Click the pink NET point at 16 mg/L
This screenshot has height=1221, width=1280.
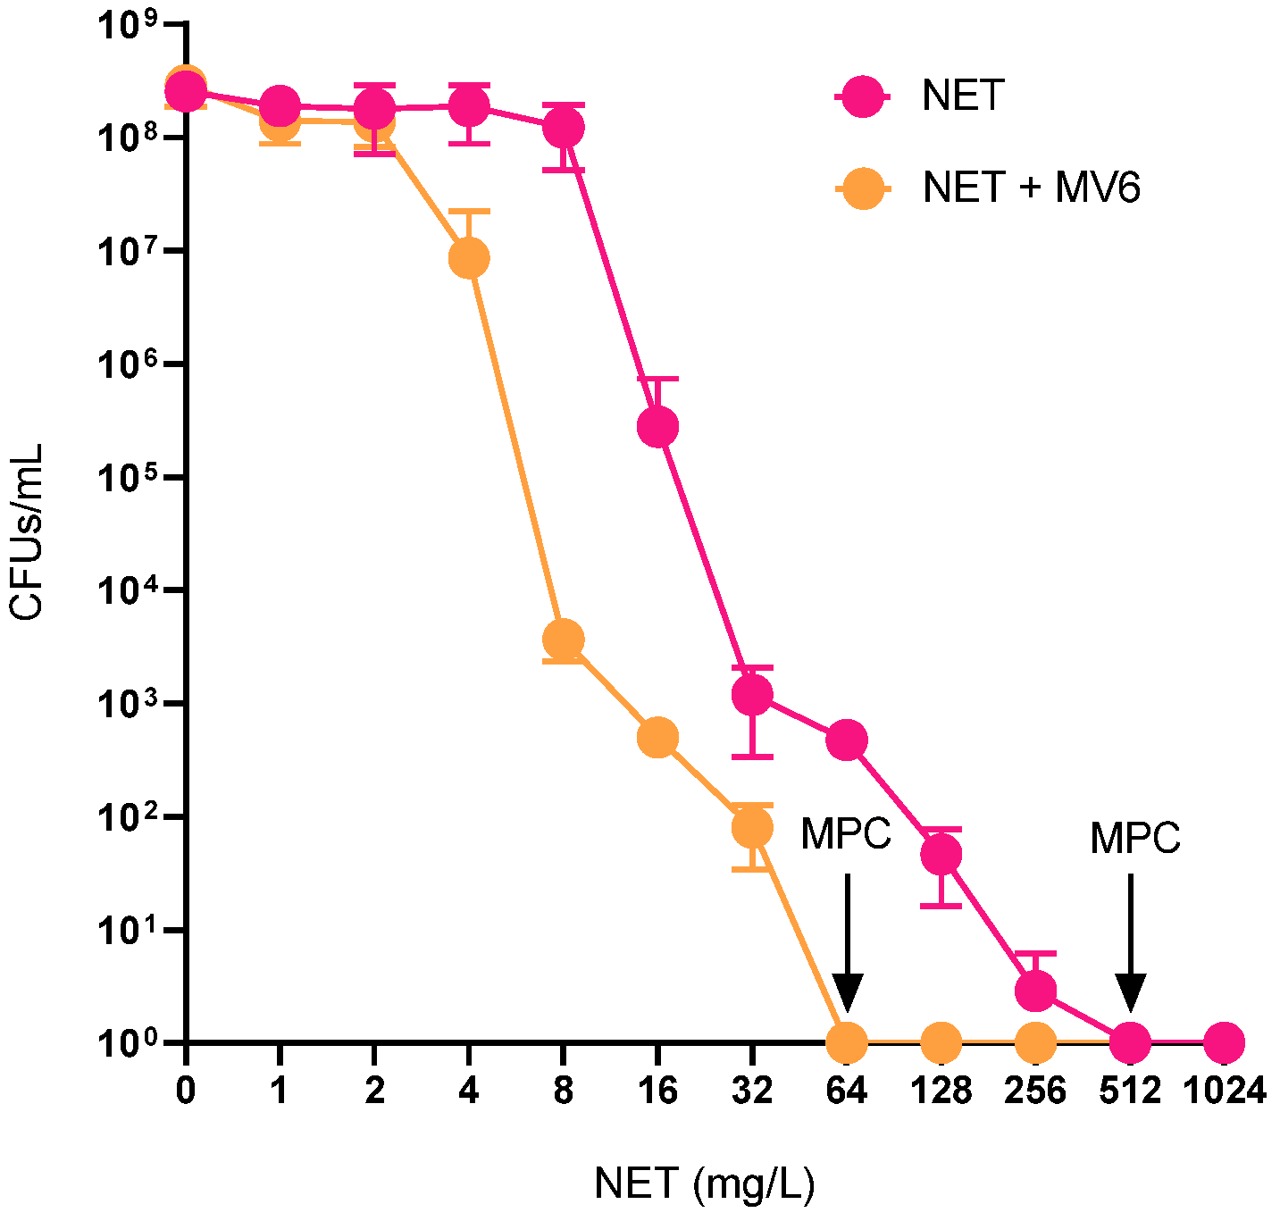[657, 426]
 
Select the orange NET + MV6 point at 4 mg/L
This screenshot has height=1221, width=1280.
[469, 258]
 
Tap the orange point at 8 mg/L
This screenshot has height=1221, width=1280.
[563, 640]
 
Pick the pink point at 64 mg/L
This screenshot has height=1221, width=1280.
[847, 740]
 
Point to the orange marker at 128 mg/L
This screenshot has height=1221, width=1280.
[941, 1041]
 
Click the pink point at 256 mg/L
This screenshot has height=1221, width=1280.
[1035, 990]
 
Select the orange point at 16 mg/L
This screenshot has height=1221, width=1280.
[657, 738]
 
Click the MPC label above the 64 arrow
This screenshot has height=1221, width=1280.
[845, 834]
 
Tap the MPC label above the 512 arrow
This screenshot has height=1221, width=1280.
[1134, 839]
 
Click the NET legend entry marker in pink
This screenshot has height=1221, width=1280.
[863, 96]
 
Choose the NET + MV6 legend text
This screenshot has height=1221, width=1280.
[1032, 188]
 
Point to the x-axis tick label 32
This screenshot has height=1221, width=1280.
[752, 1091]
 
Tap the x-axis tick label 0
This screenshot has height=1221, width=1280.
[186, 1091]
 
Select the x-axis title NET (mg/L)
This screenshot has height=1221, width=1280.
[704, 1184]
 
